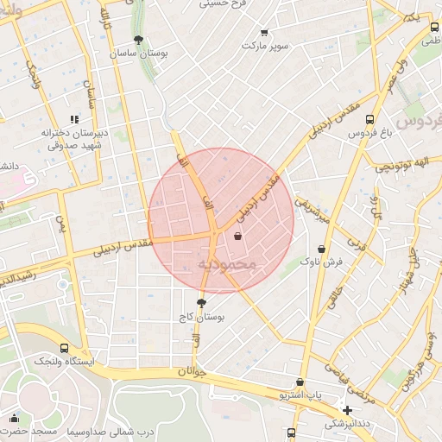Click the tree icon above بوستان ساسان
[x=138, y=39]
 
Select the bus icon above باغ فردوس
[x=369, y=120]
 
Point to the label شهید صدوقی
[x=74, y=146]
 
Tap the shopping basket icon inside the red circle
[x=237, y=236]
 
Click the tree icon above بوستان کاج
[x=201, y=303]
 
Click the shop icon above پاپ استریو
[x=300, y=382]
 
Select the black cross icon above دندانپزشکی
[x=347, y=410]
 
